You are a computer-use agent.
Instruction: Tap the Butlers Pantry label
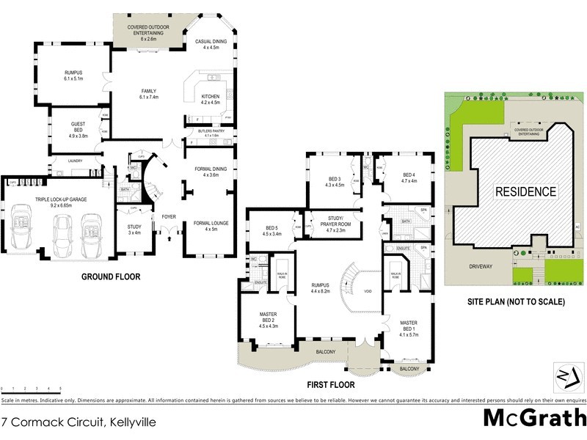211,133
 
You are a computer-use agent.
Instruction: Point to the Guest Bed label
79,128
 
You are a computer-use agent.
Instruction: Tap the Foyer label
169,217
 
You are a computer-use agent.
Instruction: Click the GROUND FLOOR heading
112,277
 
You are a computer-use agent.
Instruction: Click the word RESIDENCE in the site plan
525,192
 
